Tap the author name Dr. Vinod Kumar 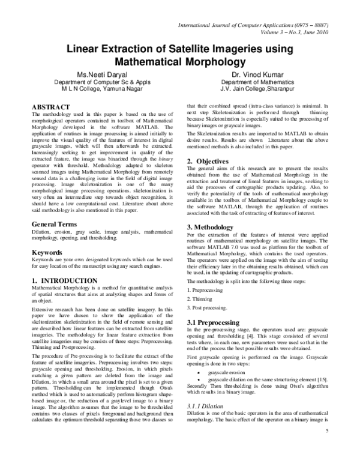point(251,74)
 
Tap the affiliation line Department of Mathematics point(251,82)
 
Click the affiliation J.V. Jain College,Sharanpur point(251,89)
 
